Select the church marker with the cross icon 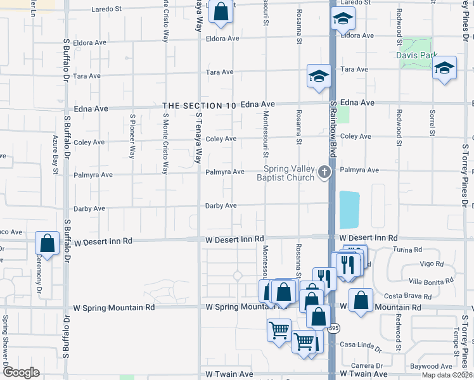[x=324, y=172]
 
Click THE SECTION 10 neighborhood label [x=200, y=106]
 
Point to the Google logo [x=20, y=372]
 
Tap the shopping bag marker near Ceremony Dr [x=47, y=243]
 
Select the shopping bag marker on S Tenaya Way [x=220, y=11]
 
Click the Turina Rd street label [x=408, y=250]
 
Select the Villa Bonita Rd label [x=432, y=280]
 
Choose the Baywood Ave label [x=431, y=366]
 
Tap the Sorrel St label [x=432, y=123]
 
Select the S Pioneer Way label [x=132, y=136]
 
